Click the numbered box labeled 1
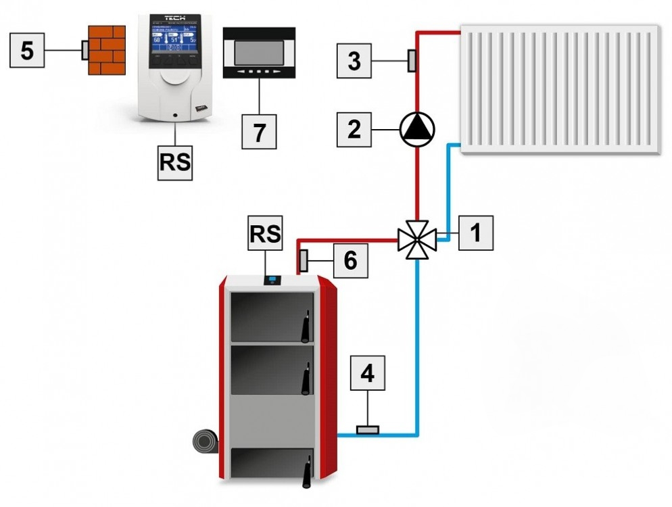point(475,233)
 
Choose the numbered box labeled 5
point(28,51)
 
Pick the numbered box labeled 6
point(350,260)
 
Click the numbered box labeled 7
point(260,131)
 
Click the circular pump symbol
point(417,128)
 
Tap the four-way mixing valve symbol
point(416,238)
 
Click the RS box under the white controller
point(174,163)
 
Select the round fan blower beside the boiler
point(206,445)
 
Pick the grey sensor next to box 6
point(304,259)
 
